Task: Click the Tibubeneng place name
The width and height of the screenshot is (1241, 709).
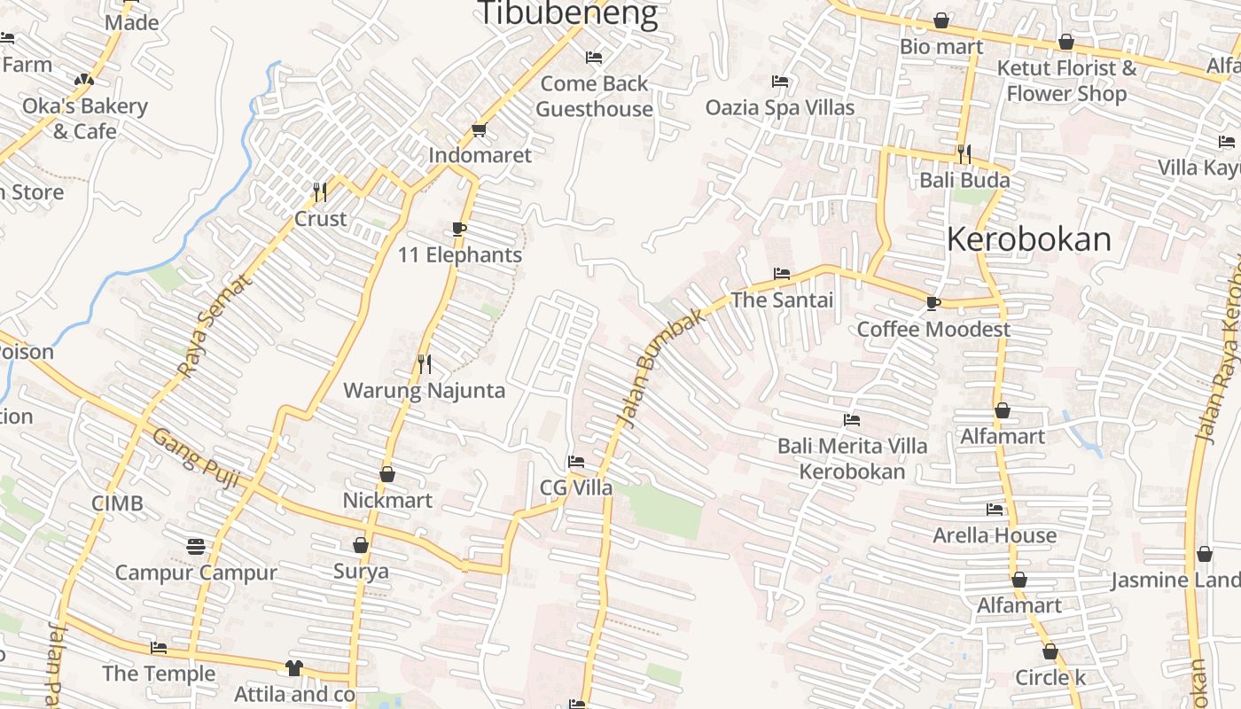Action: point(568,13)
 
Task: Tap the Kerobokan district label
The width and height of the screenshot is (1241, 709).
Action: point(1028,239)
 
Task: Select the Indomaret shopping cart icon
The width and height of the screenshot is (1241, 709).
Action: point(480,130)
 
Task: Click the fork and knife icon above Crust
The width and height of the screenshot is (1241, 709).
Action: point(320,191)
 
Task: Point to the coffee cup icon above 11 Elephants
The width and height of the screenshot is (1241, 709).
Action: point(459,229)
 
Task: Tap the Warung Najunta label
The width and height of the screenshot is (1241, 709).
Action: point(424,390)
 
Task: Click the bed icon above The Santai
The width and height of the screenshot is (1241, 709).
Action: point(781,274)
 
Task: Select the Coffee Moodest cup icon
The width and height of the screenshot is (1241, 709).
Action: point(933,303)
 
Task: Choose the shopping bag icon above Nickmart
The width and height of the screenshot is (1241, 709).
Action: point(387,474)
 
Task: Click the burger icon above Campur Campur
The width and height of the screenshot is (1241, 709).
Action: point(196,547)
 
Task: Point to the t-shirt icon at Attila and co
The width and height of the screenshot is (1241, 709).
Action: point(294,668)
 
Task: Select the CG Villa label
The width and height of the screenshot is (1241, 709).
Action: point(576,487)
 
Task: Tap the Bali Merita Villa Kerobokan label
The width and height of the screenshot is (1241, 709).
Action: point(852,457)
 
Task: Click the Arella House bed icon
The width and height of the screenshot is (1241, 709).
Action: point(995,510)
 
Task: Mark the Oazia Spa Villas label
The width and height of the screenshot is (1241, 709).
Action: point(780,107)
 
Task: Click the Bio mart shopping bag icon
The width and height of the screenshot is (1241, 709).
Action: point(941,20)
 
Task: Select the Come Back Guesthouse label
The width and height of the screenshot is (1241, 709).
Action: point(594,96)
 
